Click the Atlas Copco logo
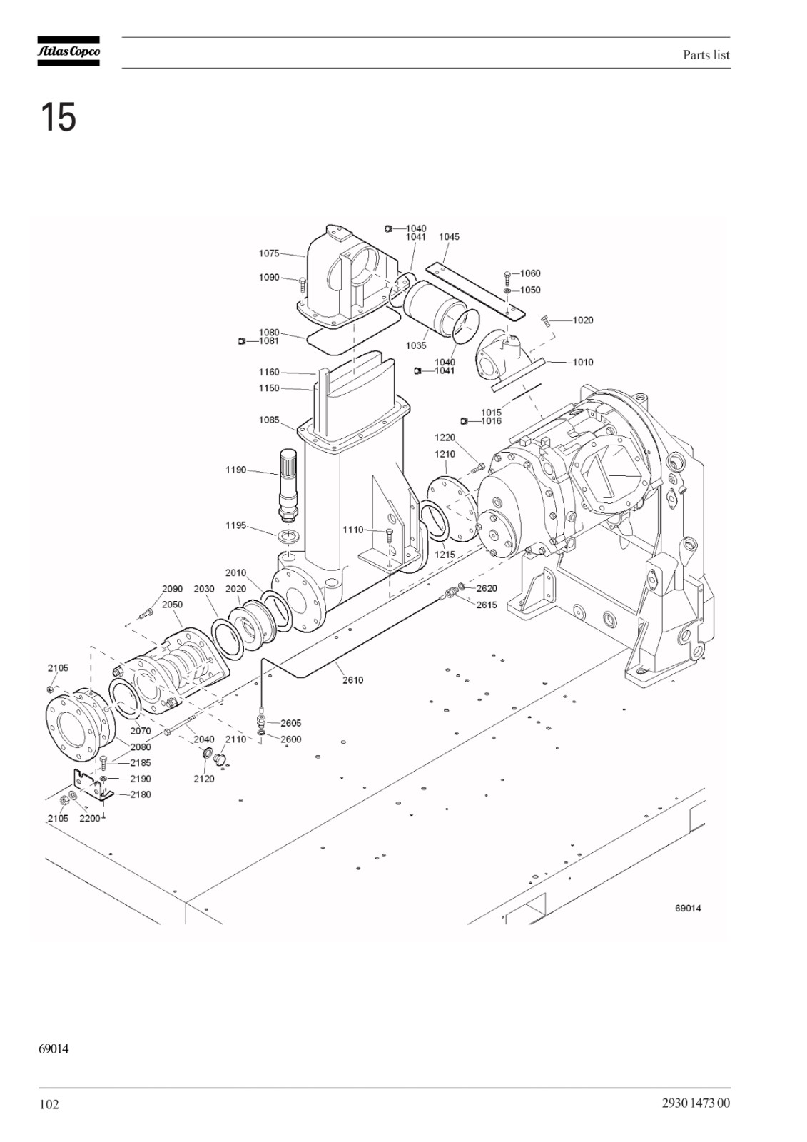point(68,51)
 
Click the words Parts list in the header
point(706,55)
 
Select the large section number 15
point(58,117)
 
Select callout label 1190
point(236,470)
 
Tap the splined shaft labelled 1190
point(289,485)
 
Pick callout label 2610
point(352,680)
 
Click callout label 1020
point(583,320)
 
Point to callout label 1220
point(445,438)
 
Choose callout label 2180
point(141,794)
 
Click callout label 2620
point(487,588)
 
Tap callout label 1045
point(449,236)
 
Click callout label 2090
point(172,589)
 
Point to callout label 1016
point(492,420)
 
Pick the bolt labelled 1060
point(507,276)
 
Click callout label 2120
point(204,779)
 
